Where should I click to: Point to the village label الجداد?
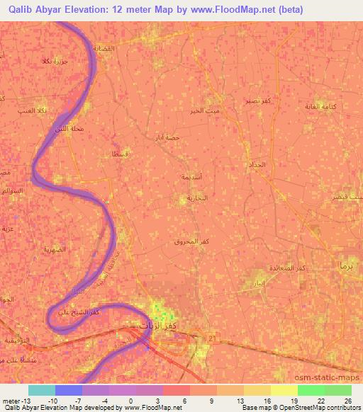[x=258, y=164]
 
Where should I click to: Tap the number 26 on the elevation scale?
[x=347, y=401]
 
